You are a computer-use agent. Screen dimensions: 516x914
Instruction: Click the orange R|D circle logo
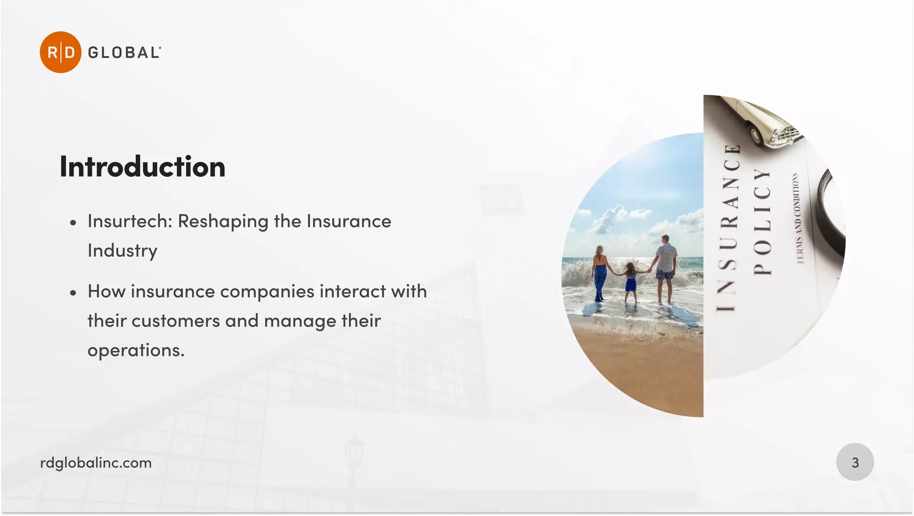[60, 52]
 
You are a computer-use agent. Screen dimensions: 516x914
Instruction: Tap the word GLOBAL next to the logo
[124, 53]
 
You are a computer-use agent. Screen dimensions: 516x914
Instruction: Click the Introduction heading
[142, 167]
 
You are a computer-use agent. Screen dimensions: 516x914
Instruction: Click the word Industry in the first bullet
[122, 251]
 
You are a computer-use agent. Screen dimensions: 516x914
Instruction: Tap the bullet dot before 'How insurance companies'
[73, 293]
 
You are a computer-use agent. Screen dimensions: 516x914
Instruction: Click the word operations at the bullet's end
[136, 350]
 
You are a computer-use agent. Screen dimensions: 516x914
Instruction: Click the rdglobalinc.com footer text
[96, 463]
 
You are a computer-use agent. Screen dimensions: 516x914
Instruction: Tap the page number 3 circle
[855, 462]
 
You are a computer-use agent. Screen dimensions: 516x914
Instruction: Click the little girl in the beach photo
[630, 281]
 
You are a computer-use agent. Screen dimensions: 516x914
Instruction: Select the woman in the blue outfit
[600, 272]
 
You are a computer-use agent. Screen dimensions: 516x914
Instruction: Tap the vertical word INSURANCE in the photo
[728, 228]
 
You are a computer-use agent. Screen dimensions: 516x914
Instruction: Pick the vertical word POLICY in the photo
[762, 221]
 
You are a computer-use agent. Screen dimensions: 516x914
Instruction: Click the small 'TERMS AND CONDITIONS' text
[798, 218]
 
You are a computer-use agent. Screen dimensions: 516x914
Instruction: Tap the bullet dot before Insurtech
[73, 223]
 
